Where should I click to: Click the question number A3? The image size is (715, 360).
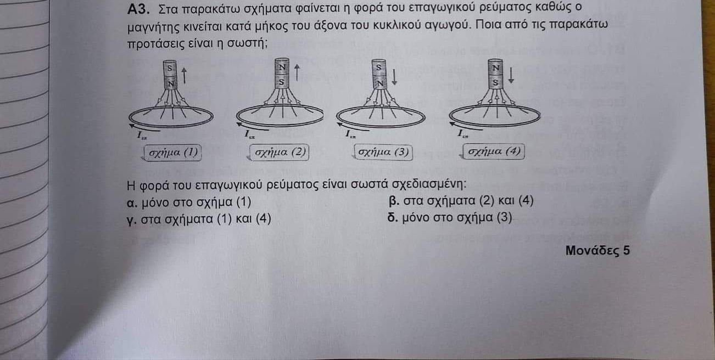138,9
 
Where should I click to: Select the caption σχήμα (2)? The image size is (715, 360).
280,152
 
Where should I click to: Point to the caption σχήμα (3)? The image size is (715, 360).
383,151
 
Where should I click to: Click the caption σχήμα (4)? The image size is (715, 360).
494,151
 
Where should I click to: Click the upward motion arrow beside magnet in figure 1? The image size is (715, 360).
184,76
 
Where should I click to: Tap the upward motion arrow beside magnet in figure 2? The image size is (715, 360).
297,72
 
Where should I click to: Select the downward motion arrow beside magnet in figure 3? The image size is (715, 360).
394,77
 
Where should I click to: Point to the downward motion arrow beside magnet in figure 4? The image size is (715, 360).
511,75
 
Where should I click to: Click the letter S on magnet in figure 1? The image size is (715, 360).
170,68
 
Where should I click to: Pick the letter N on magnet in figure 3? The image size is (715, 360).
380,83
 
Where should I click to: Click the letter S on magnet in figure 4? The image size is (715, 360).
495,82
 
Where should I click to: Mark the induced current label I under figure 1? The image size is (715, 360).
141,136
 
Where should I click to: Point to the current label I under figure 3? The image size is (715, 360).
350,134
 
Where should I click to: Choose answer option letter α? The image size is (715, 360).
131,203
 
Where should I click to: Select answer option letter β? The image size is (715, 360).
394,201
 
